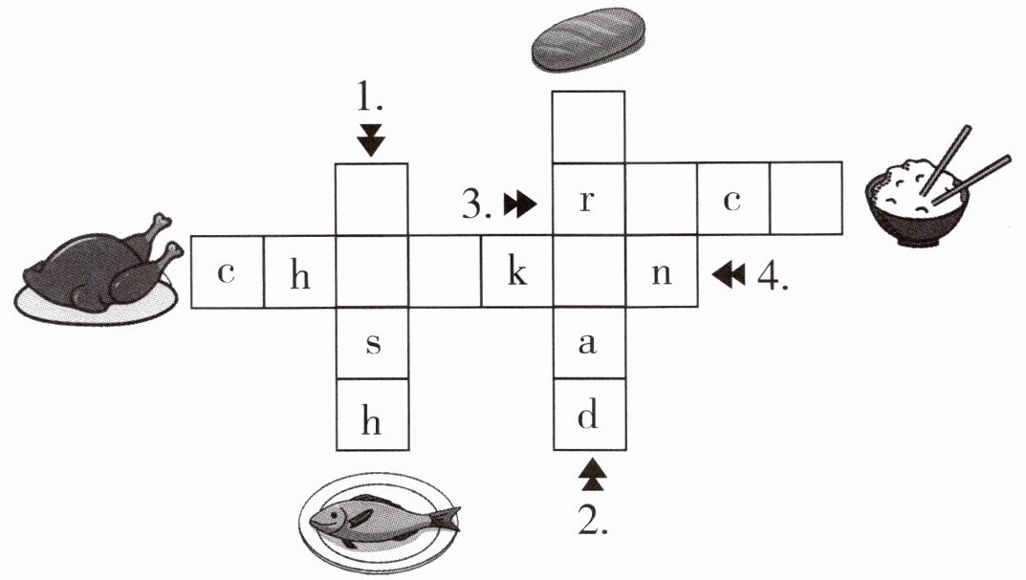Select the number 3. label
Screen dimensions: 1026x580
click(476, 204)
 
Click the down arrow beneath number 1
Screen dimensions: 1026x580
click(371, 140)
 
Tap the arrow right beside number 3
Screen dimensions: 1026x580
click(520, 204)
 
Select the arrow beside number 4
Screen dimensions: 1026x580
click(729, 274)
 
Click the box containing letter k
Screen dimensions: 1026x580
click(517, 271)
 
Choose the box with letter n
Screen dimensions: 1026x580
click(662, 271)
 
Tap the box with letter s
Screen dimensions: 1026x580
click(372, 343)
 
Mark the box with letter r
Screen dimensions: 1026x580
click(589, 199)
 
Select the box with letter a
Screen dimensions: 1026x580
click(589, 343)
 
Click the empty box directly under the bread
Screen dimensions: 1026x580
click(588, 127)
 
